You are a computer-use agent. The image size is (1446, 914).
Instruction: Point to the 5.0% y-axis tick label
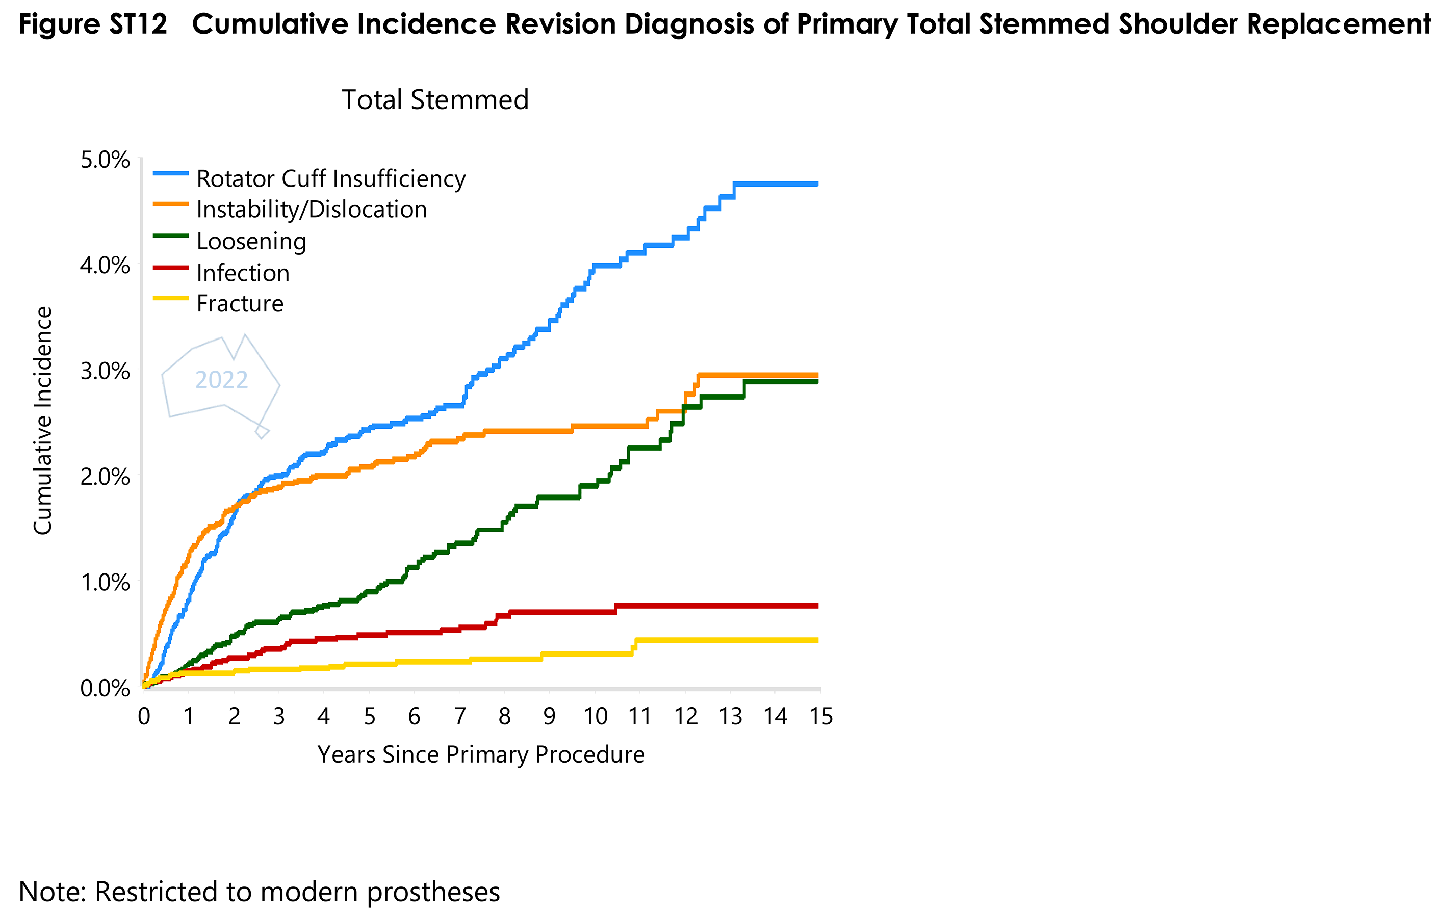[105, 161]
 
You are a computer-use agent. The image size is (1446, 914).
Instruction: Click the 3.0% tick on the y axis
[105, 371]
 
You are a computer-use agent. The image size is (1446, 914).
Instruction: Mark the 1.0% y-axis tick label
[105, 582]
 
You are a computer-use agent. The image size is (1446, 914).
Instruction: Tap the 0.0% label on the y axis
[105, 688]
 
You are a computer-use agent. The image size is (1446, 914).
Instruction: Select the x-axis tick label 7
[459, 716]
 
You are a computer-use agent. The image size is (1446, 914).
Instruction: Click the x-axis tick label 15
[820, 716]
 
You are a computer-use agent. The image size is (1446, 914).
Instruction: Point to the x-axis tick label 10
[595, 716]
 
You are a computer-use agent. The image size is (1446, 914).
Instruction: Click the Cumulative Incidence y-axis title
[43, 421]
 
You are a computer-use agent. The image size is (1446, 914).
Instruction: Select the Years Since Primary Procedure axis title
[481, 755]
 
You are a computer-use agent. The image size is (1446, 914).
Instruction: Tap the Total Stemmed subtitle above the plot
[435, 100]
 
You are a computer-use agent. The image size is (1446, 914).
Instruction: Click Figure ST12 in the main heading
[93, 24]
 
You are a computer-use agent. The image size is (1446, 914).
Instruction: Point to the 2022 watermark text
[222, 380]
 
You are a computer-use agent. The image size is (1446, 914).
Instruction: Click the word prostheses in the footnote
[433, 892]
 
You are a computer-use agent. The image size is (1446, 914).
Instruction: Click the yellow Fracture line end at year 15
[816, 640]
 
